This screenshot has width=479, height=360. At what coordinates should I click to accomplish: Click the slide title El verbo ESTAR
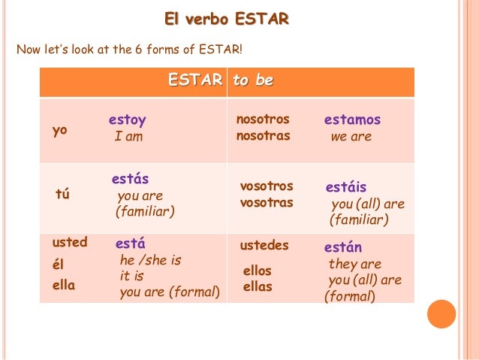[227, 19]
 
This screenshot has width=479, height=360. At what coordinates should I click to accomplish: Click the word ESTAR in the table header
[195, 80]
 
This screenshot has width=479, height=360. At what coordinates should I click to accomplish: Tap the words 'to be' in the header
[253, 80]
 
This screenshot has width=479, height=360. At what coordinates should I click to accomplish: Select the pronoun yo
[59, 130]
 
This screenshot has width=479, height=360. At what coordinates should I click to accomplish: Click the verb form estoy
[127, 120]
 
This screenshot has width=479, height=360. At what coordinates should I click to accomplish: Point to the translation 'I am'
[128, 137]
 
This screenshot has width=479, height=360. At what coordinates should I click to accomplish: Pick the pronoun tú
[62, 195]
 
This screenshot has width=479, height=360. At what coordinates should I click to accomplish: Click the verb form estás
[130, 180]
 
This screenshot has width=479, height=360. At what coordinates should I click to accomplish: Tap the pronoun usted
[69, 242]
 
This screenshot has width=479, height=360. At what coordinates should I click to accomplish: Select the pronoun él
[59, 265]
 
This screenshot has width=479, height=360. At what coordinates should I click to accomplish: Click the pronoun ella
[63, 285]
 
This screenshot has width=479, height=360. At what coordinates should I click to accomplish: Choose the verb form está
[130, 244]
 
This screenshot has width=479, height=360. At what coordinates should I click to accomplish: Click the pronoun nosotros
[263, 119]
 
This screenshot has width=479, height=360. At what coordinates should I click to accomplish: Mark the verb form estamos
[352, 119]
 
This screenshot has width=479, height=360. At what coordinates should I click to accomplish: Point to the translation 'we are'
[351, 137]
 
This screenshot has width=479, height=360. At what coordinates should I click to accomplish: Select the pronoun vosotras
[266, 203]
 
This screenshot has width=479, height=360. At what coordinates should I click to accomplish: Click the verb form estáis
[346, 187]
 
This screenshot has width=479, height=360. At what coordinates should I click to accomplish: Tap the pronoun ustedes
[264, 246]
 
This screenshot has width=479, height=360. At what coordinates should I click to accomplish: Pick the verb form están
[343, 247]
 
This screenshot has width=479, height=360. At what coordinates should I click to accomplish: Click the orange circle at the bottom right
[441, 314]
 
